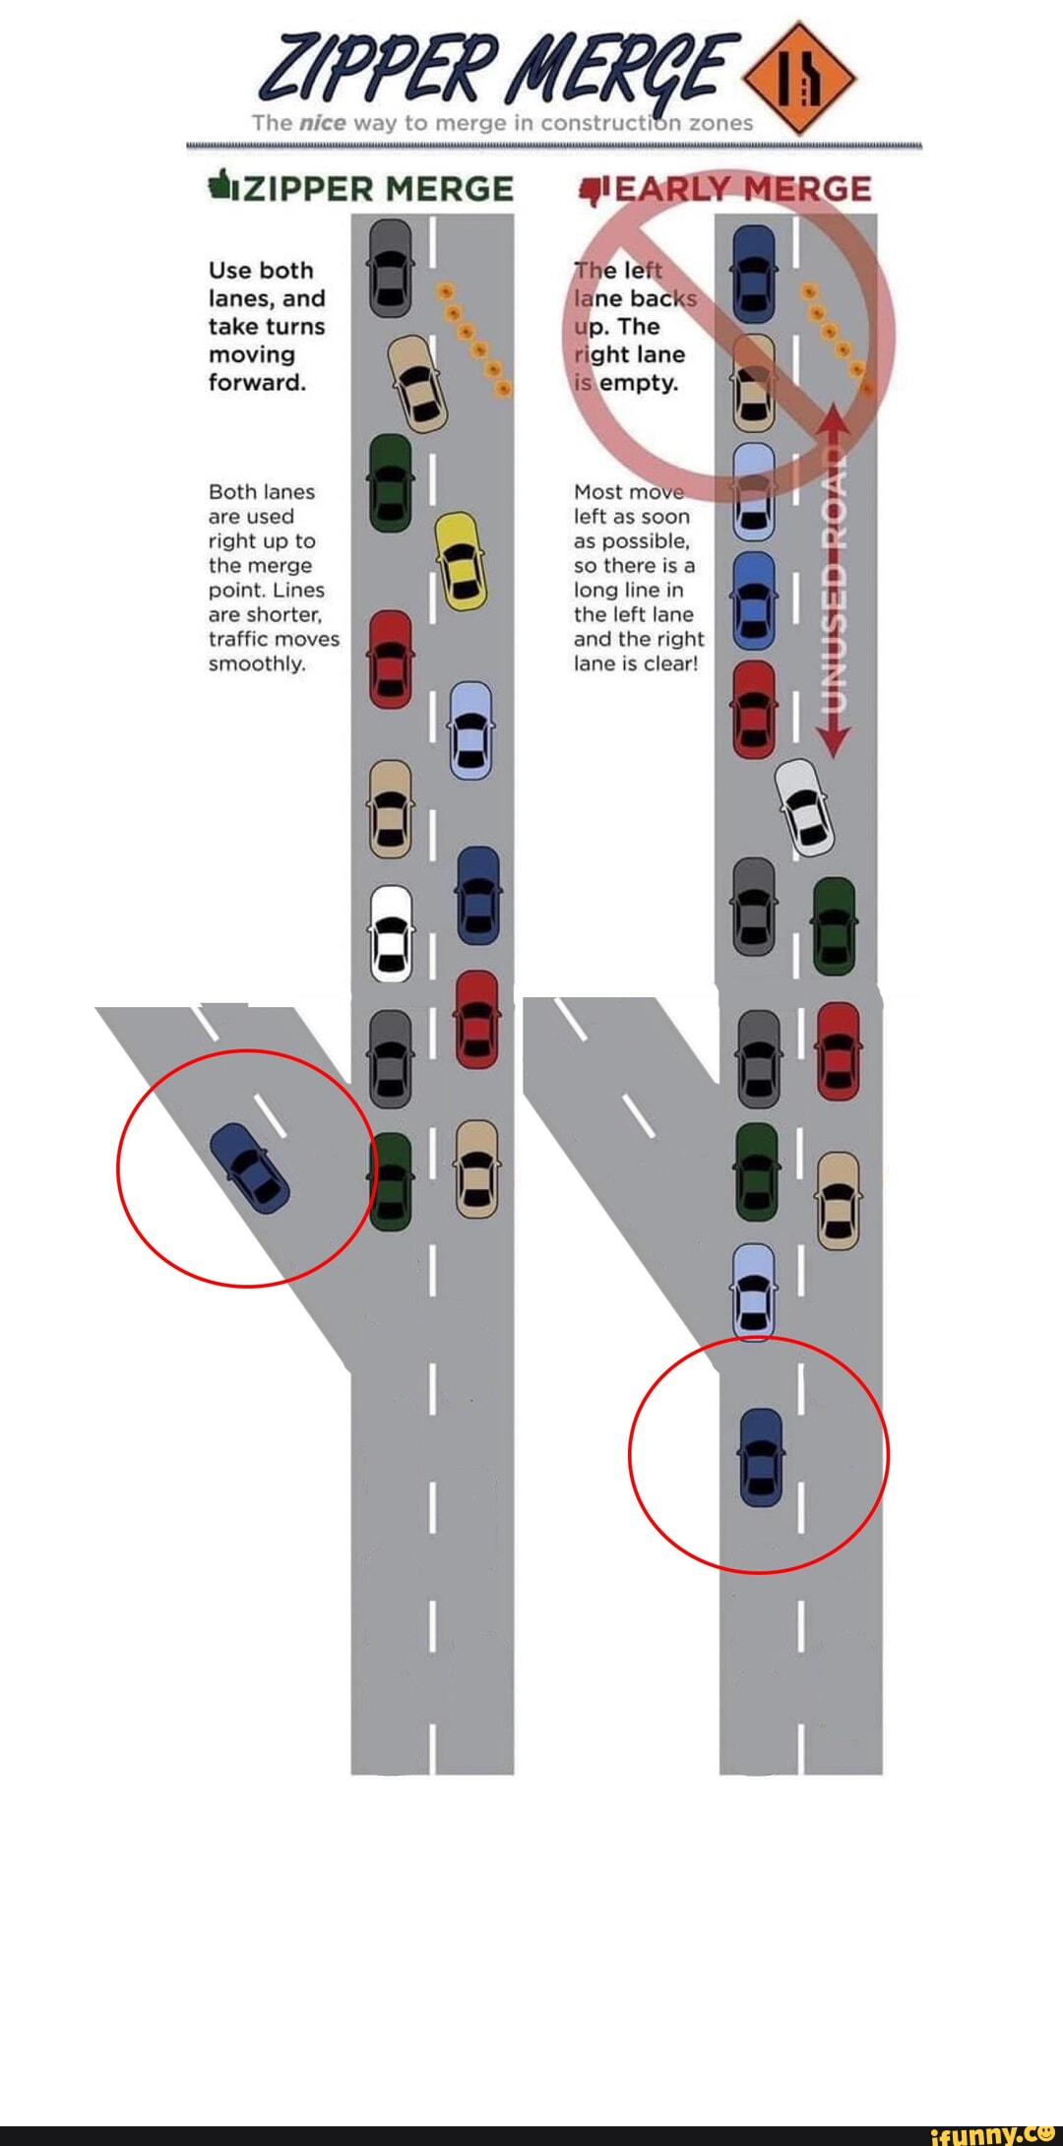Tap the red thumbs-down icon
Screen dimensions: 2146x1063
(x=593, y=188)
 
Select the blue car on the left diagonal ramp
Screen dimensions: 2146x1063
(x=250, y=1167)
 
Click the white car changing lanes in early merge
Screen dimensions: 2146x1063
(x=805, y=807)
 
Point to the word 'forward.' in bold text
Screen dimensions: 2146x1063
(x=257, y=382)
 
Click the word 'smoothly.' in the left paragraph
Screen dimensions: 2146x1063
(x=257, y=663)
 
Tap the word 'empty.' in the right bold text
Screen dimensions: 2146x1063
(x=639, y=382)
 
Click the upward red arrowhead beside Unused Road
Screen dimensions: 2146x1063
(x=833, y=419)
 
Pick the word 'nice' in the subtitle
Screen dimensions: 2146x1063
(x=321, y=123)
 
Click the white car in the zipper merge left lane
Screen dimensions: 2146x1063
(x=391, y=933)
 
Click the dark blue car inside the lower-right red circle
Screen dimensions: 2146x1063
(x=761, y=1456)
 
